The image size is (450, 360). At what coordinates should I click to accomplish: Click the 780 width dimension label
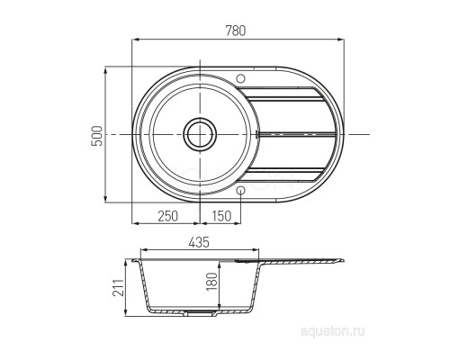(236, 31)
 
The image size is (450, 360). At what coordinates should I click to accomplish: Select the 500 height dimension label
(97, 136)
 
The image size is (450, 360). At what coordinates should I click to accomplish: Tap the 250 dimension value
(167, 216)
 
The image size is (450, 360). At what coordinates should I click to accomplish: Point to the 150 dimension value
(221, 216)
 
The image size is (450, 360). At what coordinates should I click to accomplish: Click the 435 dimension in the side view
(199, 242)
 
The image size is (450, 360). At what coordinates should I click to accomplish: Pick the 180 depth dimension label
(211, 282)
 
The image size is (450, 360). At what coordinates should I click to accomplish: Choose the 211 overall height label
(118, 287)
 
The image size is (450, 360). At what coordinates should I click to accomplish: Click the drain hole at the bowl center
(200, 134)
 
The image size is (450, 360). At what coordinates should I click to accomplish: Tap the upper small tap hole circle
(240, 78)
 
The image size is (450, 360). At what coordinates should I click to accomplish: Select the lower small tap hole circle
(240, 190)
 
